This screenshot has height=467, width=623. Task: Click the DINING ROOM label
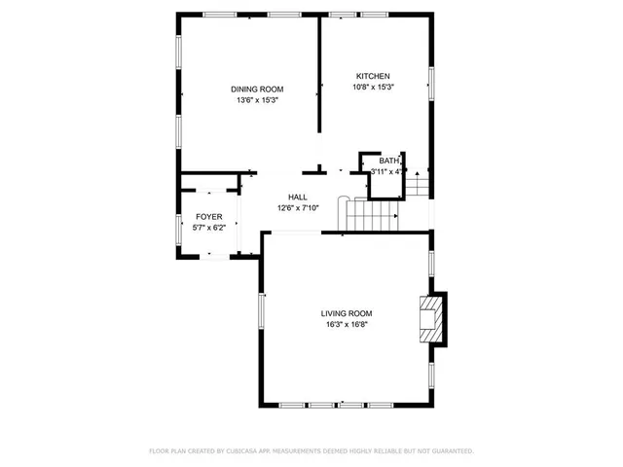257,89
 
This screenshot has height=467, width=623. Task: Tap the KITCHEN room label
373,76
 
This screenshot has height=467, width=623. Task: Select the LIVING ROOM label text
347,313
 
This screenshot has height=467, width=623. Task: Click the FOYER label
209,216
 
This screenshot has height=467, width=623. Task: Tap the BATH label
389,161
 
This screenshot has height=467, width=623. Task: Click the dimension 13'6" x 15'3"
257,100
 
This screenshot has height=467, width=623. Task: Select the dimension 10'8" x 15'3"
373,88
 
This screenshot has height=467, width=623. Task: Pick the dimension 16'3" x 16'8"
347,325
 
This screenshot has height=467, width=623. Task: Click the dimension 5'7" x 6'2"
209,227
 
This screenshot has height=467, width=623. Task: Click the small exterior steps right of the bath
417,183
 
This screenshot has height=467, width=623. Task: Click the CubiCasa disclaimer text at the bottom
311,451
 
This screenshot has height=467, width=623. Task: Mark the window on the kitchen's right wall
430,82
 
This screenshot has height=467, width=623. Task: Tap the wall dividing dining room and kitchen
320,78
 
